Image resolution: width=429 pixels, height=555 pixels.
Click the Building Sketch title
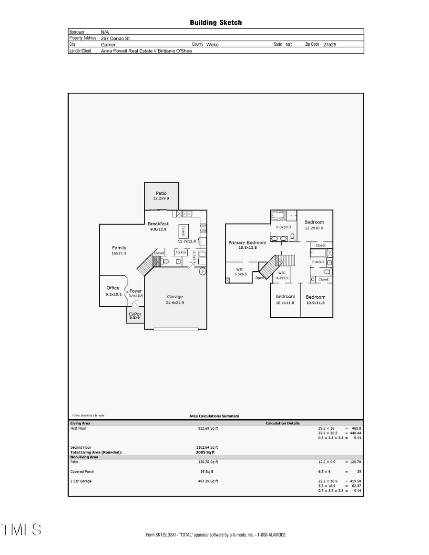point(215,22)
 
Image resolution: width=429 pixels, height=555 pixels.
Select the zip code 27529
point(330,44)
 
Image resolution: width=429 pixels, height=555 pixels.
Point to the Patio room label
point(161,193)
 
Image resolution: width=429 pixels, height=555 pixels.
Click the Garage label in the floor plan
point(175,297)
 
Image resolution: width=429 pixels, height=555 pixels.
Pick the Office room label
point(113,288)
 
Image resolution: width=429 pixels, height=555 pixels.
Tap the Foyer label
point(136,291)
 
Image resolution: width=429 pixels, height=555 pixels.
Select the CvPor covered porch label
point(135,314)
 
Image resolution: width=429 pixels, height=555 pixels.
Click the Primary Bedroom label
point(247,242)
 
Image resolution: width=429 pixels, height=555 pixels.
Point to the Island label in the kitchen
point(183,232)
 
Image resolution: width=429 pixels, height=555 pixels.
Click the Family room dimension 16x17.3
point(119,253)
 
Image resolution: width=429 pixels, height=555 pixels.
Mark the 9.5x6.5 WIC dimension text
point(240,274)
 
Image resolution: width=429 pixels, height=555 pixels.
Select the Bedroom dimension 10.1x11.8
point(285,303)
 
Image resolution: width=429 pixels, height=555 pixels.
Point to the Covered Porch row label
point(82,472)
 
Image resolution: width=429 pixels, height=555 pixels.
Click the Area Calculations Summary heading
point(214,416)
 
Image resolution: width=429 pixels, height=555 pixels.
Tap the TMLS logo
point(21,529)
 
